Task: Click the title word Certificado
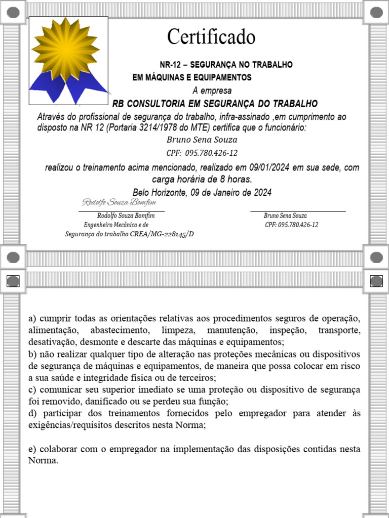point(211,36)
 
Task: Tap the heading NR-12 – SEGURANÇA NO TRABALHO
point(226,65)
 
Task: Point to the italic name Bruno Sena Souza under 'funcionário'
point(202,140)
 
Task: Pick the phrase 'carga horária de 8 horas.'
point(202,180)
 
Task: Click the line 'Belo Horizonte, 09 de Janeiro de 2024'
point(202,192)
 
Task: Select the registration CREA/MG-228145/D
point(162,234)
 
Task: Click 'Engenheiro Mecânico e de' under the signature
point(116,225)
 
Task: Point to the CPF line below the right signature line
point(292,225)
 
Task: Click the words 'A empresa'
point(212,91)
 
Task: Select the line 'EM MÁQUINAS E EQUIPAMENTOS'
point(192,77)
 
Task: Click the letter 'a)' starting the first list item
point(32,319)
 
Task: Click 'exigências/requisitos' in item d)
point(63,425)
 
